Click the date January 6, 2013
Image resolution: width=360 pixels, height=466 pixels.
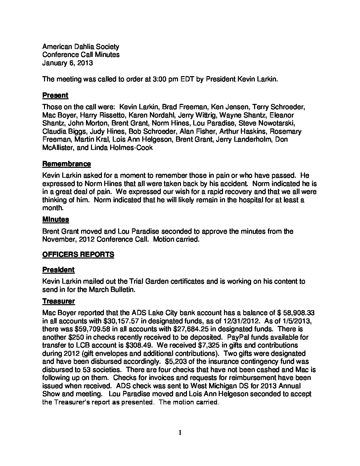[67, 63]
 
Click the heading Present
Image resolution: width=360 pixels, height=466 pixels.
[55, 95]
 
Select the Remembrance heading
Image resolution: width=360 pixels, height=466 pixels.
[66, 164]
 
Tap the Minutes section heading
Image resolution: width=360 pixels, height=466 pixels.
[56, 219]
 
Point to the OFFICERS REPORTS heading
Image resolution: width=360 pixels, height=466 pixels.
[78, 254]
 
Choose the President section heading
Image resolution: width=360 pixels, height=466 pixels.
[58, 270]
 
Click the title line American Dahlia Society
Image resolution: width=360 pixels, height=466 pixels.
[81, 47]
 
